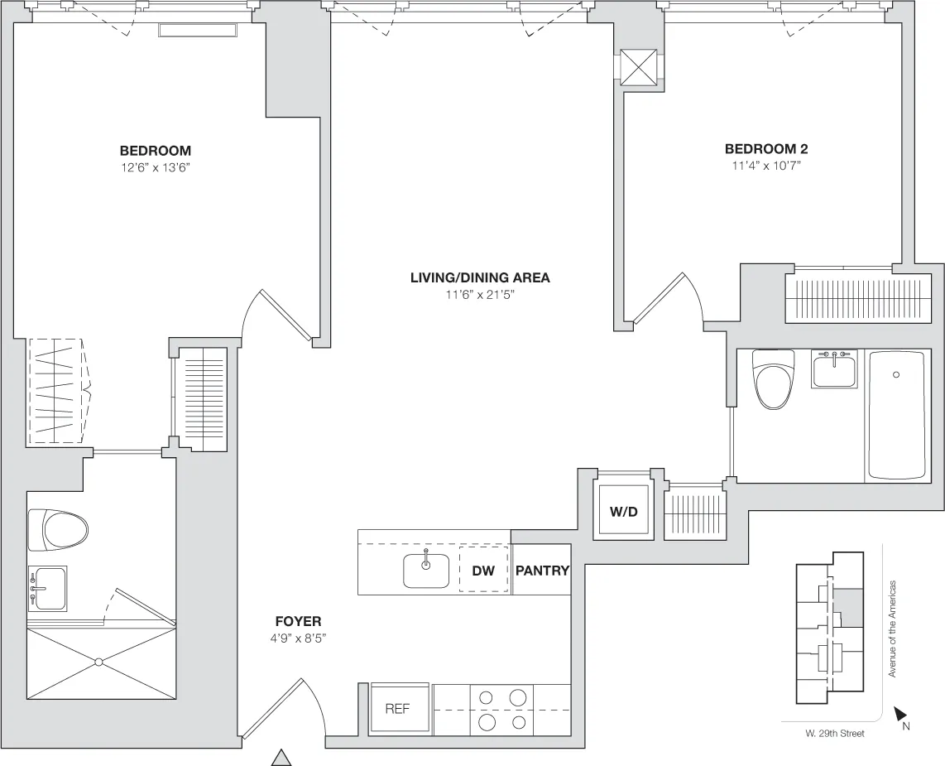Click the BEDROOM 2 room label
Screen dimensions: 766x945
[x=765, y=149]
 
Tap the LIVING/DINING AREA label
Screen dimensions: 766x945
[x=480, y=277]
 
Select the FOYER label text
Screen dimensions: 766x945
[x=298, y=621]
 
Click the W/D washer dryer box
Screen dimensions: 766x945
[x=624, y=511]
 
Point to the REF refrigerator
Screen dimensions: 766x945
[x=398, y=710]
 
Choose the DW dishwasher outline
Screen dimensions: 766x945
[x=483, y=571]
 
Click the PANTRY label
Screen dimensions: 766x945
[x=542, y=571]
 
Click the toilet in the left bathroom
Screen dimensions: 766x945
[x=58, y=530]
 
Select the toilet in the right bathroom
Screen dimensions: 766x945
[x=773, y=378]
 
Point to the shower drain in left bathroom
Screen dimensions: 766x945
[x=98, y=662]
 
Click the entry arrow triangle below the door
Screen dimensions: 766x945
[x=283, y=757]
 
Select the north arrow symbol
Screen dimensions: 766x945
[x=901, y=713]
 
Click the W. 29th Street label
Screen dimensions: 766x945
[x=834, y=734]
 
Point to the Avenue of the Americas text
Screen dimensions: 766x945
[x=893, y=628]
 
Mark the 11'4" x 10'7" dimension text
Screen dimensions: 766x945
[x=765, y=165]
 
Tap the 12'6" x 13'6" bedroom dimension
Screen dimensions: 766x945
[x=156, y=166]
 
